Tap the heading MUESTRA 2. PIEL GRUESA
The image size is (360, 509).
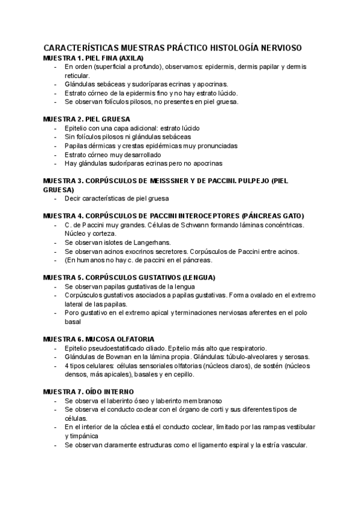coord(86,119)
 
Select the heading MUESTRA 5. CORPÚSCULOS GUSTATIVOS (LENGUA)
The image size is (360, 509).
coord(129,277)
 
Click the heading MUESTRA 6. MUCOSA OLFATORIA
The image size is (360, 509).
coord(99,339)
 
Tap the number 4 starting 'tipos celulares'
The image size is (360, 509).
coord(66,366)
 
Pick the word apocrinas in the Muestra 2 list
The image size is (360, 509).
coord(206,163)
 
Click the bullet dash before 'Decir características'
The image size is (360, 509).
coord(55,198)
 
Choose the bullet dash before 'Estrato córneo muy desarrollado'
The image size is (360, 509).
coord(55,154)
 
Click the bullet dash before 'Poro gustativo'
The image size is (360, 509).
coord(55,312)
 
